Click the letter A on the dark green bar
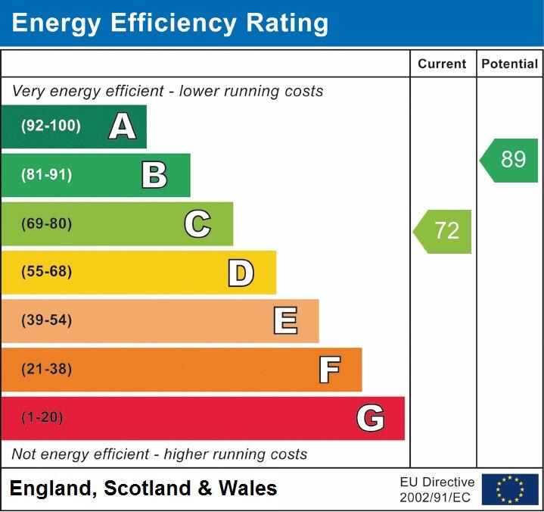[123, 126]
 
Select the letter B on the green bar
[154, 175]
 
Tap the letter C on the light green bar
[197, 223]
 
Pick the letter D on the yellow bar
[241, 273]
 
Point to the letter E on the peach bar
[284, 321]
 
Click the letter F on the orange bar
[328, 370]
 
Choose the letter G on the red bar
[370, 418]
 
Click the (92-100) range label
[51, 126]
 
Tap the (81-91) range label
[46, 175]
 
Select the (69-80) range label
[46, 223]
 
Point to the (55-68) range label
[46, 272]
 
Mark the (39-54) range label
[46, 320]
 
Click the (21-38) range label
[46, 370]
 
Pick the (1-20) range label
[42, 418]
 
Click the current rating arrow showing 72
[443, 231]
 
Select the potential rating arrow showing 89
[510, 160]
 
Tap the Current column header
[442, 64]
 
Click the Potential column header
[509, 64]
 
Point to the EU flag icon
[510, 489]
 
